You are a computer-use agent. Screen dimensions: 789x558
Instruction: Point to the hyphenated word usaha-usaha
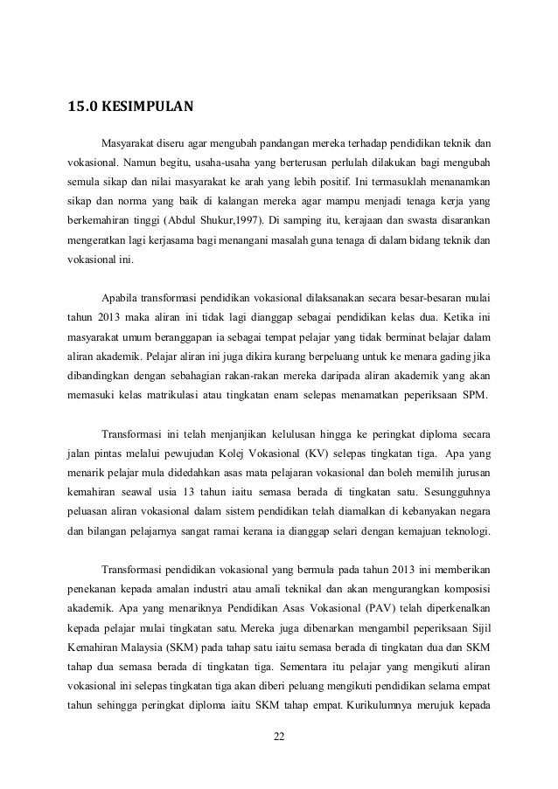(206, 162)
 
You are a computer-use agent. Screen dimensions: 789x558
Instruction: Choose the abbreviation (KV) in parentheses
(318, 454)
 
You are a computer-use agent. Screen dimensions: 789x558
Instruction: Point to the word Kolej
(240, 454)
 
